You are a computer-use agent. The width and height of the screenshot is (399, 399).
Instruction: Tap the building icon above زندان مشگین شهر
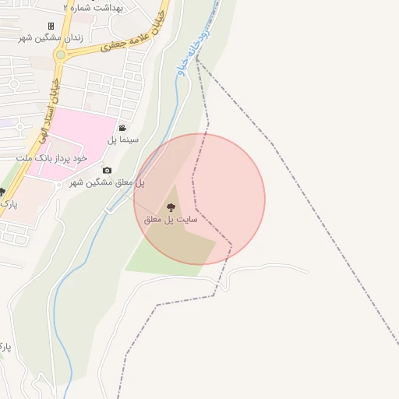point(51,26)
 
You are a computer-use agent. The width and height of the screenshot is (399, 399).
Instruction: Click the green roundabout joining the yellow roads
point(60,55)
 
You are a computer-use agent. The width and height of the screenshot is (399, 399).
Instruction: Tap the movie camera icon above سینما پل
point(122,128)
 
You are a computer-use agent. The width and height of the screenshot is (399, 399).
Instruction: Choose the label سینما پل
point(122,140)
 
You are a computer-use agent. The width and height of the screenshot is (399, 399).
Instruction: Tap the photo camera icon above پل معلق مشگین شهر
point(107,170)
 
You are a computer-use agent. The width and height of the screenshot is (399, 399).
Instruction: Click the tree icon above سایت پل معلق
point(171,207)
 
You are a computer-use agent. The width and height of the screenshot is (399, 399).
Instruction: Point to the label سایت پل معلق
point(171,220)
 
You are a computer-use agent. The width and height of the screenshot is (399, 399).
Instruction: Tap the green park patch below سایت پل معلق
point(156,257)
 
